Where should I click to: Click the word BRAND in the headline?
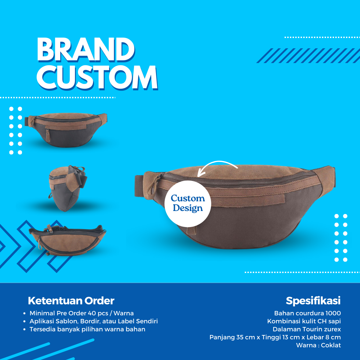tap(86, 50)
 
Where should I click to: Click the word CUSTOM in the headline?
tap(97, 77)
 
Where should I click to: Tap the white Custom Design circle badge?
tap(188, 204)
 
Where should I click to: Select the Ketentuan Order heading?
tap(71, 301)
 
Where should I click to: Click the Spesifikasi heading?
tap(313, 301)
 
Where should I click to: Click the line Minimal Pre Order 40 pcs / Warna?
tap(82, 313)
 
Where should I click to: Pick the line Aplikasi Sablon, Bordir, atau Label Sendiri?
tap(94, 321)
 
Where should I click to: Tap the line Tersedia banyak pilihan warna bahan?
tap(87, 329)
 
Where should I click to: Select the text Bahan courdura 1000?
tap(307, 313)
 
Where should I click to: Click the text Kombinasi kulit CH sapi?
tap(304, 321)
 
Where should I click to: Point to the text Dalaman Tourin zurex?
tap(307, 329)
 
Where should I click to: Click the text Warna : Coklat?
tap(318, 345)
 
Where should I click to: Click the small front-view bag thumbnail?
tap(66, 130)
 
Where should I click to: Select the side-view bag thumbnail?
tap(67, 188)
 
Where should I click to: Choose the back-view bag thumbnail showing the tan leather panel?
tap(67, 240)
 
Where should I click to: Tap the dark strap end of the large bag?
tap(139, 186)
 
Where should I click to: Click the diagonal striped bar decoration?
tap(308, 56)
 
